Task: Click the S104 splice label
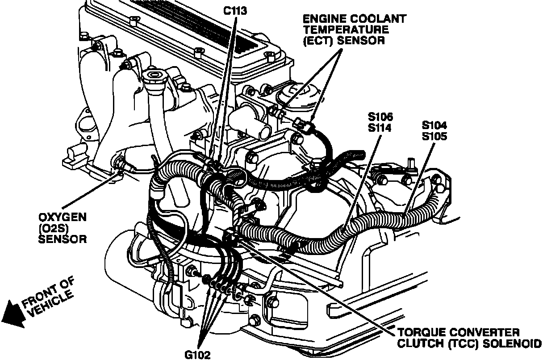pos(434,125)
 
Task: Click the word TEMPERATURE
pos(346,30)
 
